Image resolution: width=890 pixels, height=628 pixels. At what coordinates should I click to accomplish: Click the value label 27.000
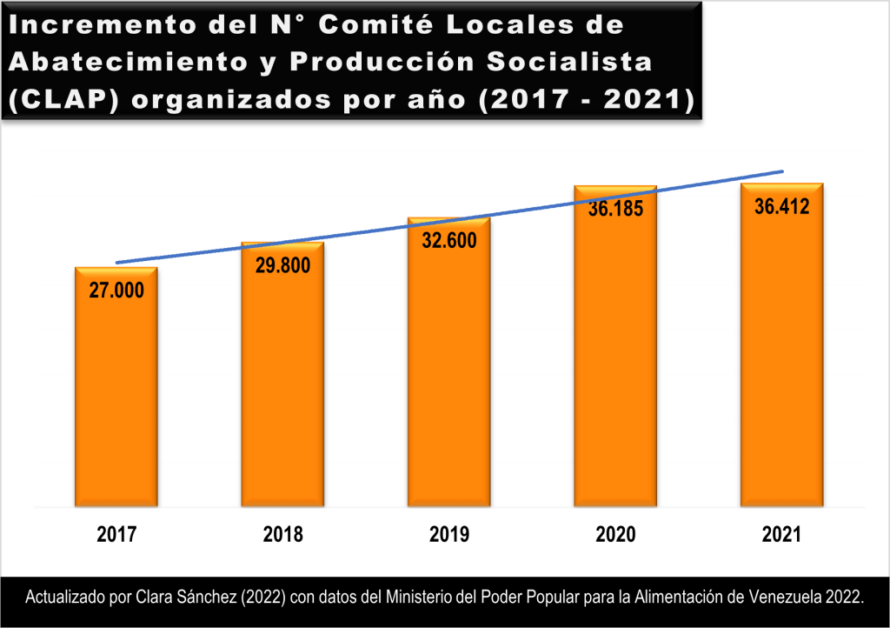click(116, 291)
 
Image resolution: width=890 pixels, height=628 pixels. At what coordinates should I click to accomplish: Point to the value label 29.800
click(282, 265)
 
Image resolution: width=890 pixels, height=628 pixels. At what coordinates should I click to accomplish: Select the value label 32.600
click(449, 241)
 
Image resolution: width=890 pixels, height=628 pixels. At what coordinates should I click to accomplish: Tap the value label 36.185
click(615, 209)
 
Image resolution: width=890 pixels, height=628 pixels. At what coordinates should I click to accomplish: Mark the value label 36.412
click(782, 207)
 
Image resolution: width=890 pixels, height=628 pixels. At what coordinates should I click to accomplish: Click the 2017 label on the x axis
click(116, 535)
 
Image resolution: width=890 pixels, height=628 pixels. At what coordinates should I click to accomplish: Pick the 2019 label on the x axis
click(449, 535)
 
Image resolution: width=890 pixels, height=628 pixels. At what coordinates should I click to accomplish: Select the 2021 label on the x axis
click(782, 535)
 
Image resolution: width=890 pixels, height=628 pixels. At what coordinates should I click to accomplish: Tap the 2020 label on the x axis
click(615, 535)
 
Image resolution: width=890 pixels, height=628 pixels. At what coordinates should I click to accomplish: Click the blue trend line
click(365, 230)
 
